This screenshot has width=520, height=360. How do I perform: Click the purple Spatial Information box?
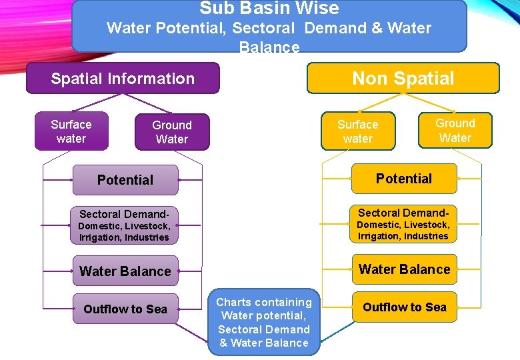123,79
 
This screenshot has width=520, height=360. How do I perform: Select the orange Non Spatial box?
403,78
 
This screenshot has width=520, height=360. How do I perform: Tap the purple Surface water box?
71,131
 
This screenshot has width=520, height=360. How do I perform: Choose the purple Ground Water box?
171,132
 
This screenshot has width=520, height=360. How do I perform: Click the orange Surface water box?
357,131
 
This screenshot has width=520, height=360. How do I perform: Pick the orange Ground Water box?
455,130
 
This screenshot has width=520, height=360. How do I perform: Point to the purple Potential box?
125,180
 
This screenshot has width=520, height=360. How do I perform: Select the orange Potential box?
404,179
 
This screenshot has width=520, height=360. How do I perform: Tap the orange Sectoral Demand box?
404,223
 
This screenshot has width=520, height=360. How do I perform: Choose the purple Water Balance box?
125,271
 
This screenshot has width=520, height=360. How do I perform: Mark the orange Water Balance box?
405,269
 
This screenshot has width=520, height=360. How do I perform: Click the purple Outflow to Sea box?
125,309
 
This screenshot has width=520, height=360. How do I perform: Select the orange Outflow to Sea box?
405,307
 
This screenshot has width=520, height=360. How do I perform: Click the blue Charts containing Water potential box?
264,323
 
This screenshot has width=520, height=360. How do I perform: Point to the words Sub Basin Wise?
269,8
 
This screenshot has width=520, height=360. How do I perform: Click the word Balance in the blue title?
269,47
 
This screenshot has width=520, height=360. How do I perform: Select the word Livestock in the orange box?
427,225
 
